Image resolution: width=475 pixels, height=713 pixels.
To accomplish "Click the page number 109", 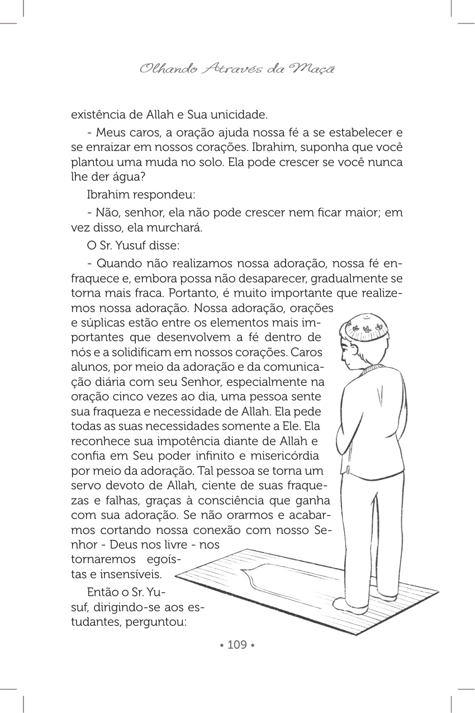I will coord(237,645).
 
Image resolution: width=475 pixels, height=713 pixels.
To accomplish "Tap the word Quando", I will coord(115,263).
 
